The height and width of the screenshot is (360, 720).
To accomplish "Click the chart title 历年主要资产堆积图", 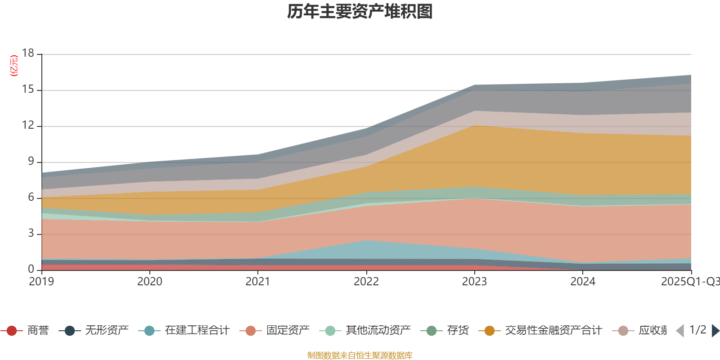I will pos(360,12).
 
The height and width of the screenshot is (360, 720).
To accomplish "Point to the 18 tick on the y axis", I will pos(28,53).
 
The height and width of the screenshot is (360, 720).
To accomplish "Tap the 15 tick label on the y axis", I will pos(28,90).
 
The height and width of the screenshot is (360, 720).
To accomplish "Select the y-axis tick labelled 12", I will pos(28,126).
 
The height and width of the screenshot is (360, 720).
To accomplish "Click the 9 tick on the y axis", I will pos(31,161).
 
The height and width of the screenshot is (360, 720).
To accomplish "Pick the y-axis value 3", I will pos(31,233).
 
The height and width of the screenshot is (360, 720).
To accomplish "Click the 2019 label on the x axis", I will pos(41,282).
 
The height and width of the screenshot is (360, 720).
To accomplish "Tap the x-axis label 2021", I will pos(258,282).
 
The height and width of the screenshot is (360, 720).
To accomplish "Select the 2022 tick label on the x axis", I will pos(366,282).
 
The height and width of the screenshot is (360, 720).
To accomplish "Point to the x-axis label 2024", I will pos(583,282).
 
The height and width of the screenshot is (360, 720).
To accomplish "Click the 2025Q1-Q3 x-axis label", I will pos(689,282).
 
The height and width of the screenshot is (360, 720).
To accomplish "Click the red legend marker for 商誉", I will pos(12,331).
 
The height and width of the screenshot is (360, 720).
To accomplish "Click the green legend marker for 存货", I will pos(432,331).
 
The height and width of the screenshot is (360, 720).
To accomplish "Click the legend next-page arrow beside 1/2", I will pos(715,331).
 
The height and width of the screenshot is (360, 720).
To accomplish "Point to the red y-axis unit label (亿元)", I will pos(14,66).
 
